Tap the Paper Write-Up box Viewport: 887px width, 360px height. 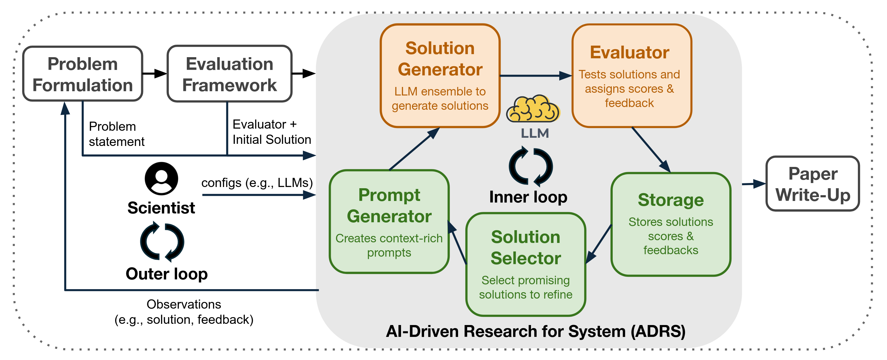tap(813, 184)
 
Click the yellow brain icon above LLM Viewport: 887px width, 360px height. tap(533, 109)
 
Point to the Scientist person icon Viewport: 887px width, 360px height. tap(161, 178)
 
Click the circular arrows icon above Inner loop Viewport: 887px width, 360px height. tap(531, 166)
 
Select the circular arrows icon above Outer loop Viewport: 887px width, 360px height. tap(162, 241)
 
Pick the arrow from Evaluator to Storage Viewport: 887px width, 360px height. tap(651, 150)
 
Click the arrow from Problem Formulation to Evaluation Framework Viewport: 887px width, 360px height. tap(155, 73)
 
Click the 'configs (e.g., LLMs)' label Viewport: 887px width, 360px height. tap(257, 182)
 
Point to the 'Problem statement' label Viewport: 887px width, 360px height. tap(116, 134)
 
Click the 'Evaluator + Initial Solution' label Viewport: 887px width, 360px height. tap(271, 132)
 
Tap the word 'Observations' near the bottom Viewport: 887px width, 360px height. tap(183, 304)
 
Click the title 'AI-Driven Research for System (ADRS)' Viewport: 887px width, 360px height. tap(536, 331)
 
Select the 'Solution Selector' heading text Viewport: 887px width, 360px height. tap(526, 248)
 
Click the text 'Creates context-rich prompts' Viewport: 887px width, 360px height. tap(389, 245)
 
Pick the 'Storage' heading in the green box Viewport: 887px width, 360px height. tap(670, 200)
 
